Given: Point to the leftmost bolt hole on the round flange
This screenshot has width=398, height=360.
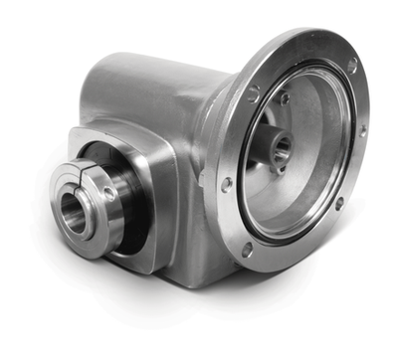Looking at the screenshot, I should point(226,183).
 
